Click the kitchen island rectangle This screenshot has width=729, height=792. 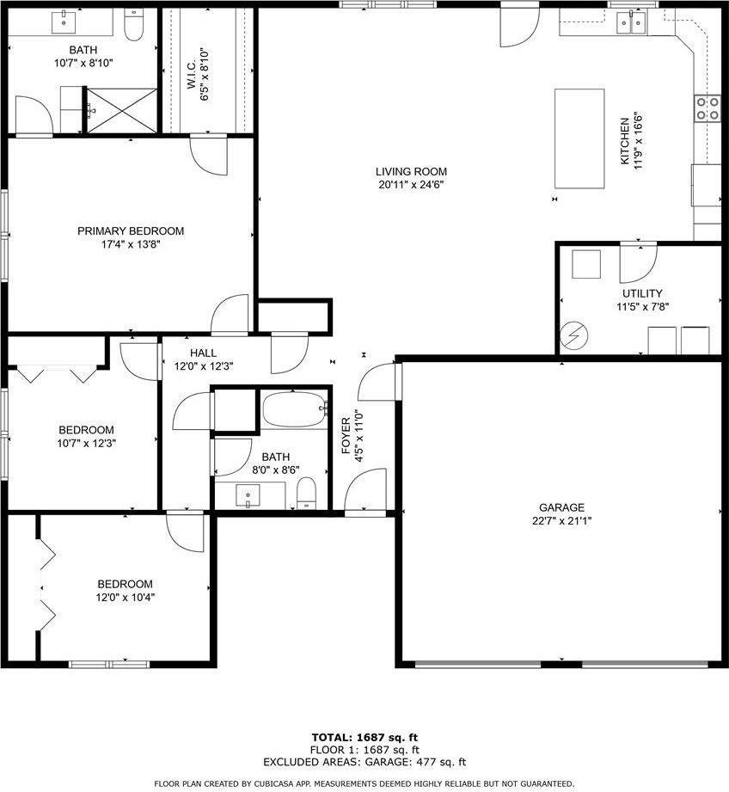point(579,138)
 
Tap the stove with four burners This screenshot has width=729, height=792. point(708,108)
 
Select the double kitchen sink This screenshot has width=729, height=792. point(632,23)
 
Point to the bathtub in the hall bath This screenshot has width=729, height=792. point(295,408)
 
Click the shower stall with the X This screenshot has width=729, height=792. point(120,111)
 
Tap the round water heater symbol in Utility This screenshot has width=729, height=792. point(574,335)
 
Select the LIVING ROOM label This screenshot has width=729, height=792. point(411,172)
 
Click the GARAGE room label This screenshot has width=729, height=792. point(562,507)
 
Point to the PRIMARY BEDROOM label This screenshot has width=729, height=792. point(131,230)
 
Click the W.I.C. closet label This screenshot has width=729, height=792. point(192,76)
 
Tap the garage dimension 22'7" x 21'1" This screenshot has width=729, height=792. point(562,521)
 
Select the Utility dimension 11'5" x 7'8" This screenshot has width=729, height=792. point(643,307)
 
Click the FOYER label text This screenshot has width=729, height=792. point(346,435)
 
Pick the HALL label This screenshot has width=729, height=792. point(204,353)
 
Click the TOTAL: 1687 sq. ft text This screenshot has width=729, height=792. point(364,738)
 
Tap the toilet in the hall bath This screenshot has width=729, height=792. point(306,494)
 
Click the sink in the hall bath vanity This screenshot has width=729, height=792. point(248,495)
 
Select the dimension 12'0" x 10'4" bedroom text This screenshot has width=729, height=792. point(126,598)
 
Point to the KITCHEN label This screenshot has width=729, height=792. point(625,141)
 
